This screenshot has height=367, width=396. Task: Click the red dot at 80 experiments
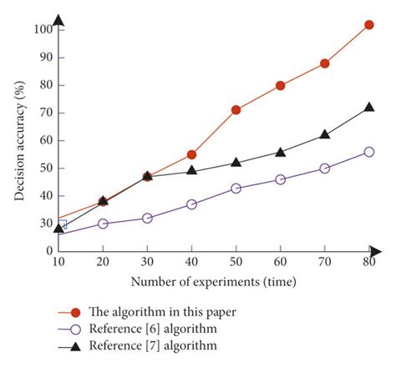369,25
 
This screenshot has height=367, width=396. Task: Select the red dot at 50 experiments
236,110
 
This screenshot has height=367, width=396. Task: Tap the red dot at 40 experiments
191,154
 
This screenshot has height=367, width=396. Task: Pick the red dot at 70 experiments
325,63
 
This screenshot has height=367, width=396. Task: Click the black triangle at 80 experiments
369,108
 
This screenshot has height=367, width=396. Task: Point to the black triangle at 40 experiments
191,170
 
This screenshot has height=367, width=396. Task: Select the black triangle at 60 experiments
281,152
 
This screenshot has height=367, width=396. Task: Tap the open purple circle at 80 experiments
369,152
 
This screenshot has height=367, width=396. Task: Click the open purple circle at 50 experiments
236,188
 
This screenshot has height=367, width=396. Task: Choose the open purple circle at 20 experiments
103,224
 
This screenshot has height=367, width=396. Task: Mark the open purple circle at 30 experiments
147,218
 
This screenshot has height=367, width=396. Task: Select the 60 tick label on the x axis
281,262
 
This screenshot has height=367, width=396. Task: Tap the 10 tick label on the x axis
58,262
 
